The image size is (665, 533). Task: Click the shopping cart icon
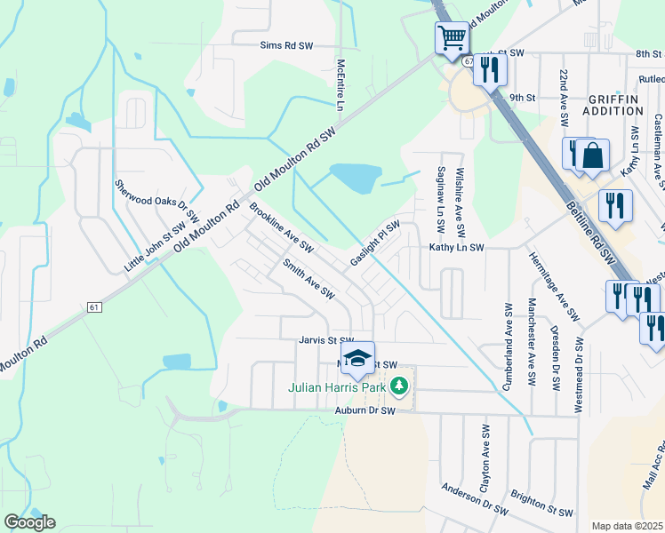coord(452,37)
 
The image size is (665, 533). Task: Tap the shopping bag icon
coord(592,156)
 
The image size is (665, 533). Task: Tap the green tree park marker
coord(400,386)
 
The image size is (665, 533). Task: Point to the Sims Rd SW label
coord(287,44)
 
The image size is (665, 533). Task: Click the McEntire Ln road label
coord(341,85)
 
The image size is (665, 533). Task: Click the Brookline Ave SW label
coord(282,227)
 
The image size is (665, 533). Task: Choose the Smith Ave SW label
coord(308,277)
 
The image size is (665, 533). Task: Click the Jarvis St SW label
coord(326,339)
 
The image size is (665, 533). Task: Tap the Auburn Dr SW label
coord(365,410)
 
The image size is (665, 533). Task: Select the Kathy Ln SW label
coord(456,248)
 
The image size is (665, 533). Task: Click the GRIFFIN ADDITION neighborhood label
coord(614,105)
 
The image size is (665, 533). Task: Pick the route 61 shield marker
coord(94,306)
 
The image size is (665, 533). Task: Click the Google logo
coord(29,522)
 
